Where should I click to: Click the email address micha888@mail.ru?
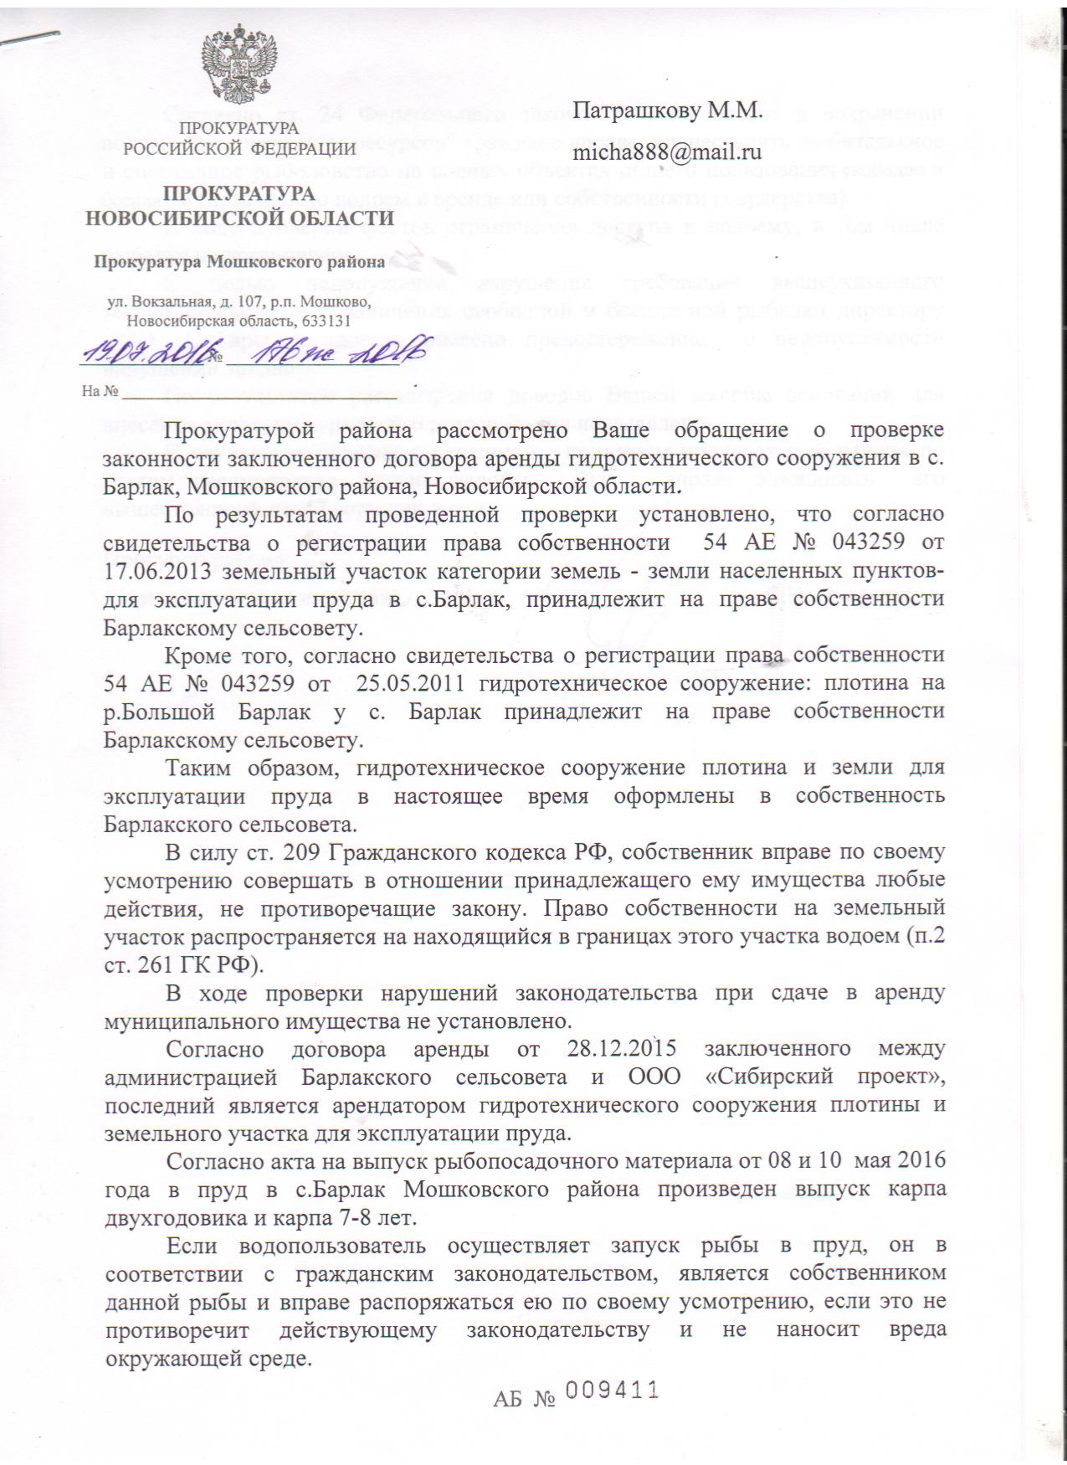666,152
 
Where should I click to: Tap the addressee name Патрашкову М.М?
667,109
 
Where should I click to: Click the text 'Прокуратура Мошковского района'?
239,262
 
